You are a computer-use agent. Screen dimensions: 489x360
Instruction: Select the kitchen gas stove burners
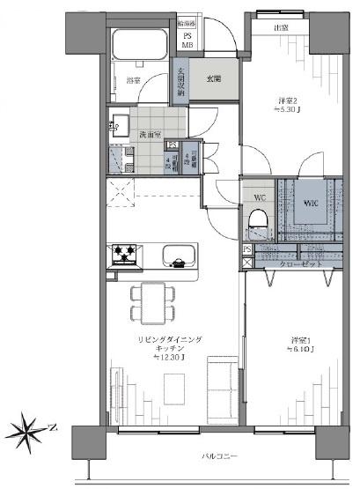(x=124, y=256)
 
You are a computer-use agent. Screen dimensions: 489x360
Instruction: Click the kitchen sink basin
(x=179, y=261)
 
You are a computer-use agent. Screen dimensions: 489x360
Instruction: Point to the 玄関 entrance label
(x=214, y=78)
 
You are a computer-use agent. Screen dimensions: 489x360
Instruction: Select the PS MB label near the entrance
(x=187, y=41)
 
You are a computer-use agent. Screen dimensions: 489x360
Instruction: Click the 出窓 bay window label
(x=281, y=28)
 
